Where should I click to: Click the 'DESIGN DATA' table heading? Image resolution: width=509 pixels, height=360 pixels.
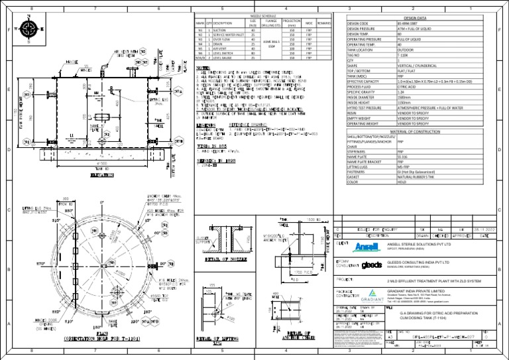[x=425, y=19]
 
